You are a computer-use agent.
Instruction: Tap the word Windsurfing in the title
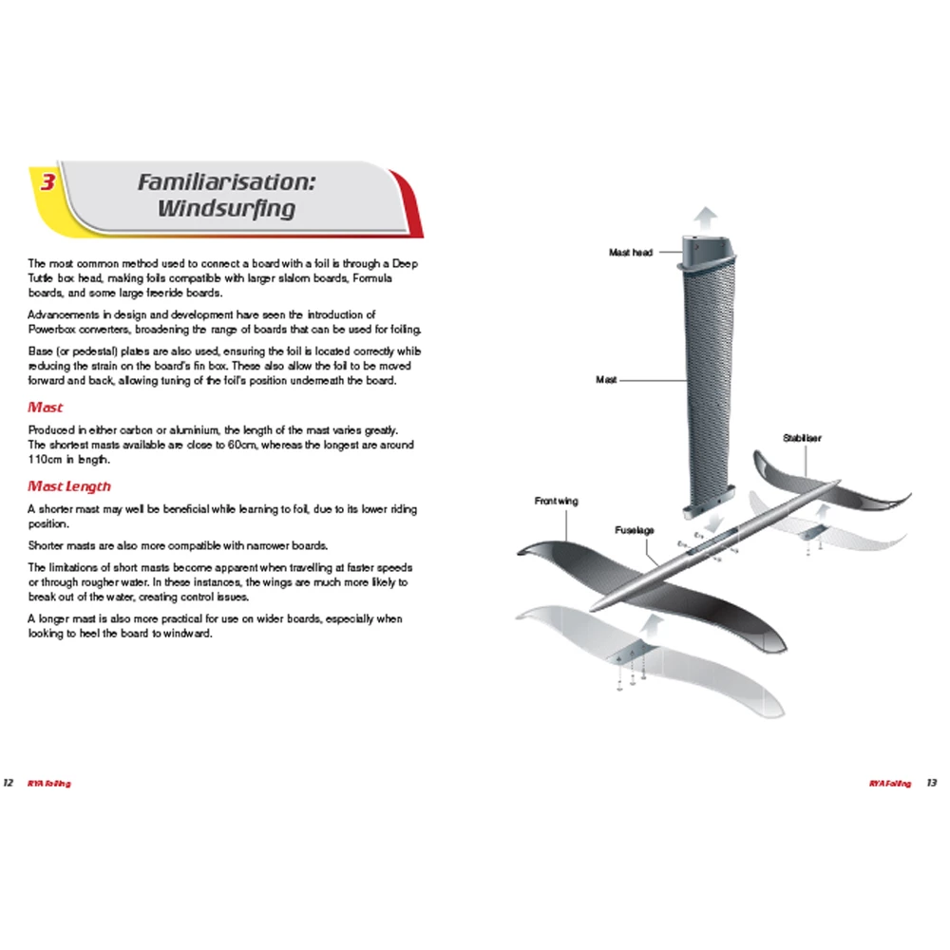point(227,208)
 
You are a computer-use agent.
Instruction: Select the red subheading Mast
point(46,408)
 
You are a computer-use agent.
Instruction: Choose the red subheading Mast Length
point(68,486)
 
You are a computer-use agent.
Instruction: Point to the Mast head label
point(630,253)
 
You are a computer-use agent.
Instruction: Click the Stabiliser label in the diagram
point(802,438)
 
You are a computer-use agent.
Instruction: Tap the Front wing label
point(556,501)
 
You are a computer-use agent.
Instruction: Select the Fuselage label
point(634,529)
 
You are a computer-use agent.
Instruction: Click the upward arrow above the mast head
point(704,217)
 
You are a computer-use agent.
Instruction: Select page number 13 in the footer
point(931,784)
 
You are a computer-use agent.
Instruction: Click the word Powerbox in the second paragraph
point(50,329)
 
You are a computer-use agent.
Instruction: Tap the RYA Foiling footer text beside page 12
point(49,784)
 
